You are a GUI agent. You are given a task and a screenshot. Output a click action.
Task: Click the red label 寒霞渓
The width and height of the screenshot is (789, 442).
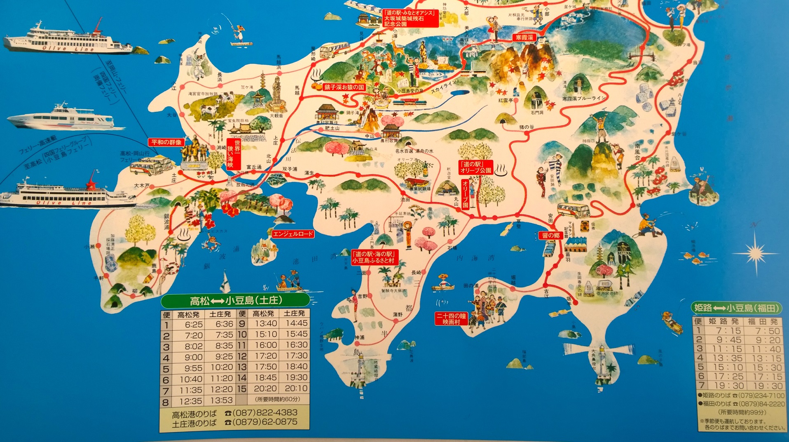point(524,37)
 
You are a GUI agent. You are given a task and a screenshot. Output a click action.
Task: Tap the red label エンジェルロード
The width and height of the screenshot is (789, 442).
point(293,234)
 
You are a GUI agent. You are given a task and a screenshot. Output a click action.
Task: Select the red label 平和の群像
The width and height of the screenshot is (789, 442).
point(166,142)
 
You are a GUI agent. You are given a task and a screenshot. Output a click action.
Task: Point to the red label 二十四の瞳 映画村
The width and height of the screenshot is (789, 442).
point(451,319)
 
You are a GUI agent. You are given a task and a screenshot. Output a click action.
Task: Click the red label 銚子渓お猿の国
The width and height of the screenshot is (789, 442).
point(344,87)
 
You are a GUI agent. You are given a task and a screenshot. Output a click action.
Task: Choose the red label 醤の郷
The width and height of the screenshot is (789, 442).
point(551,236)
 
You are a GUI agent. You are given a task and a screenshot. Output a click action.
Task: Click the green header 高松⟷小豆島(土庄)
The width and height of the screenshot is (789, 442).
point(235,301)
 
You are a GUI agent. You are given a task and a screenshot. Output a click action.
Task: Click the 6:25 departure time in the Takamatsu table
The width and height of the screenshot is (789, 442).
point(193,324)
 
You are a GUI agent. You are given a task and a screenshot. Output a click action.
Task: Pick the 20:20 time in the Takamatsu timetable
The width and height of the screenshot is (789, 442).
point(265,388)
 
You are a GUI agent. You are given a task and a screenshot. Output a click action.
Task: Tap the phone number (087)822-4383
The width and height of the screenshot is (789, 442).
point(265,412)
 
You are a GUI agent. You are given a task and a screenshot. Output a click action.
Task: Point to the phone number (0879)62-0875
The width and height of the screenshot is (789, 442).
point(265,422)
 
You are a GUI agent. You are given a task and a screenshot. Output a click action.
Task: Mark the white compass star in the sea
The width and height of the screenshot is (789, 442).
point(755,253)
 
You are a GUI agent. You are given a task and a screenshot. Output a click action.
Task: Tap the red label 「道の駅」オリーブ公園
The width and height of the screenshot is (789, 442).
point(476,167)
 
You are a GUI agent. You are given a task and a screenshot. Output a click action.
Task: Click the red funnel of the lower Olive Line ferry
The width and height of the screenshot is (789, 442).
point(91,181)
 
